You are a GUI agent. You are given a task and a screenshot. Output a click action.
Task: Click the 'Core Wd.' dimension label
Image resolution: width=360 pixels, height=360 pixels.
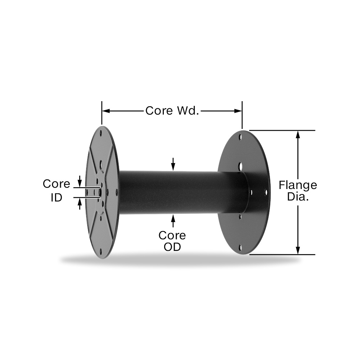tap(172, 111)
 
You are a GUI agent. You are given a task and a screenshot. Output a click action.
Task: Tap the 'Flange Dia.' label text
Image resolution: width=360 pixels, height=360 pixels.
tap(298, 190)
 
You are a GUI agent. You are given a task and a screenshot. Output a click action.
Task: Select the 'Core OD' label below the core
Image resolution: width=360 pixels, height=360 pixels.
tap(172, 241)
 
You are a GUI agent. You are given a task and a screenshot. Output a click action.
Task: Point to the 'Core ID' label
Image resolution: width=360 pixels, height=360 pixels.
tap(57, 190)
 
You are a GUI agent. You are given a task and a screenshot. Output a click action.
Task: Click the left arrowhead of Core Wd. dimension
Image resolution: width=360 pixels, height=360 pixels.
tap(105, 111)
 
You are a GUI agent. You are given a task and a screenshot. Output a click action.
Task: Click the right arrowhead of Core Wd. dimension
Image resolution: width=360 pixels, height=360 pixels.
tap(238, 111)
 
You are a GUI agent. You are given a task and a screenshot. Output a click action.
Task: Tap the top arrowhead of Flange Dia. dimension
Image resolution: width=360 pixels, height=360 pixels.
tap(298, 135)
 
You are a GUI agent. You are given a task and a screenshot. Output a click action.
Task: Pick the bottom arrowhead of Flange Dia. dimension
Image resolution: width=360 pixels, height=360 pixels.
tap(298, 250)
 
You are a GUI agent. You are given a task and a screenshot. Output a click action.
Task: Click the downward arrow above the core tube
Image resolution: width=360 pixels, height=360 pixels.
tap(173, 164)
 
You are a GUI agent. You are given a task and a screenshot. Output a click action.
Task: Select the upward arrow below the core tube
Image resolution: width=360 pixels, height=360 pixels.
tap(173, 221)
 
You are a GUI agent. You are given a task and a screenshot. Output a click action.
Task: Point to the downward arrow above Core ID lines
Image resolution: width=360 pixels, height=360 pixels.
tap(80, 181)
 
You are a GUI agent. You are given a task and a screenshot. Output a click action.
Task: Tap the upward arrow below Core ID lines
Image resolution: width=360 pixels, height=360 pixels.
tap(80, 204)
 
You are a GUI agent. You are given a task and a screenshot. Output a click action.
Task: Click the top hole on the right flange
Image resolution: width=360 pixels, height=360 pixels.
tap(240, 137)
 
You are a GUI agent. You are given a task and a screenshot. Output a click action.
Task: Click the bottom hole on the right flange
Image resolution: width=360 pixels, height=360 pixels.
tap(240, 248)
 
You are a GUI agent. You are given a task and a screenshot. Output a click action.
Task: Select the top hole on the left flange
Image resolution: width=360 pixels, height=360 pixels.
tap(100, 133)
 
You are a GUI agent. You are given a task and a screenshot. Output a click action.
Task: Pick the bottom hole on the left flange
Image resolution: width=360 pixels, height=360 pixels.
tap(100, 251)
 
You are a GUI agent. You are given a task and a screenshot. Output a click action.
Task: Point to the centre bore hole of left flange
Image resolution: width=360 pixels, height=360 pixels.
tap(100, 192)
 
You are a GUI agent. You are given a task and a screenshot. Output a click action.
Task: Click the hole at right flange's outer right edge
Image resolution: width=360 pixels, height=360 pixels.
tap(266, 192)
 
